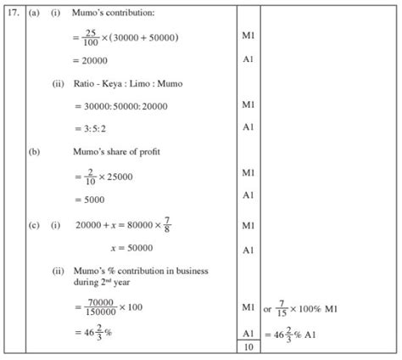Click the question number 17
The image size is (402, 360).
14,14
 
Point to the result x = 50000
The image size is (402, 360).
131,249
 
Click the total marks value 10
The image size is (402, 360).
248,346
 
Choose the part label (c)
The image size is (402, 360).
35,227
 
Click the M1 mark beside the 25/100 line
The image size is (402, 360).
248,39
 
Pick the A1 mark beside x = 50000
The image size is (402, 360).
248,250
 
